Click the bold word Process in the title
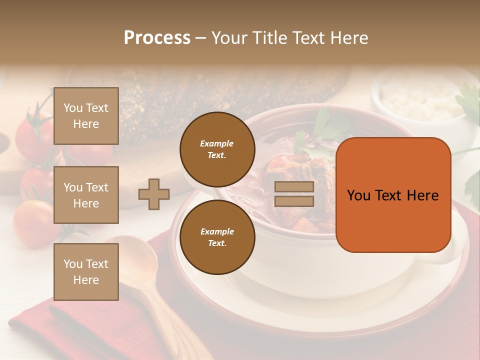click(157, 37)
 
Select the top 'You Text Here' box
click(86, 116)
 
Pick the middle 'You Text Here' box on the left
click(86, 195)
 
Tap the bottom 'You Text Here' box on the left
click(86, 272)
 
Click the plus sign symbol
click(154, 194)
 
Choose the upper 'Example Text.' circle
click(217, 149)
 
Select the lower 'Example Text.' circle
click(217, 237)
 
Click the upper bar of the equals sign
click(294, 187)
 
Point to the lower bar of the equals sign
click(294, 201)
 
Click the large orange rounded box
click(393, 195)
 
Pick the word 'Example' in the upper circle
click(216, 143)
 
